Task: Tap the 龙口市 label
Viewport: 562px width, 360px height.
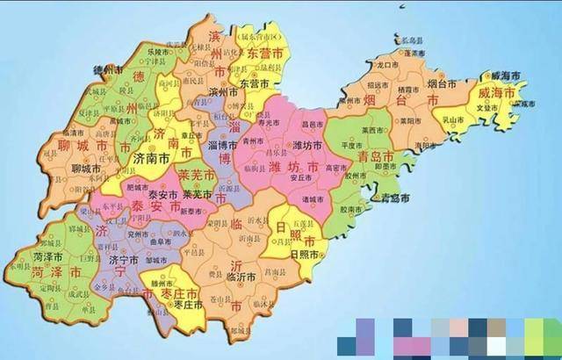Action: (389, 65)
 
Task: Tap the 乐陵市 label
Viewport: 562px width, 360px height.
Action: (158, 52)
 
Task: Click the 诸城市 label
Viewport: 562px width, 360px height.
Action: (312, 199)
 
